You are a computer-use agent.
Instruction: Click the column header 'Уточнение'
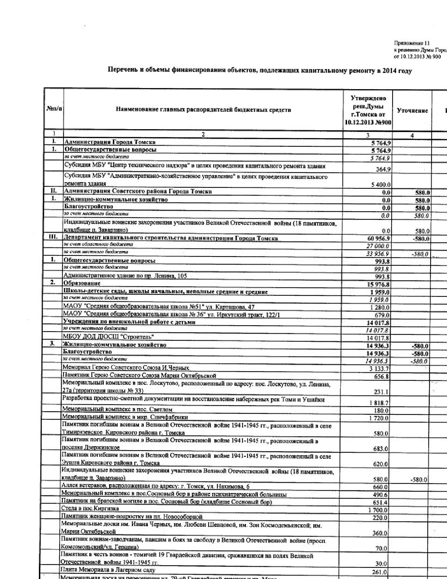click(412, 111)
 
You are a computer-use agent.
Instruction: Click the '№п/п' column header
click(54, 109)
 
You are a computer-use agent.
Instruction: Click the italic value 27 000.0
click(379, 246)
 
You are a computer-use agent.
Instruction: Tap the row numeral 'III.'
click(54, 238)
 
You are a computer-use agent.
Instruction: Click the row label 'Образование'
click(82, 283)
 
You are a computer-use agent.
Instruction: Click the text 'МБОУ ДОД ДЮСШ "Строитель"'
click(108, 337)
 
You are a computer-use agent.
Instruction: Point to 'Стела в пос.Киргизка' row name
click(90, 508)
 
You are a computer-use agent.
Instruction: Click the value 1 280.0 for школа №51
click(380, 308)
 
